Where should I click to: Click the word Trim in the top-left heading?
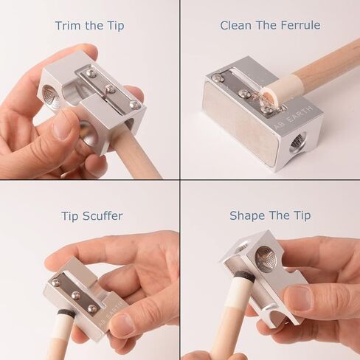coord(66,26)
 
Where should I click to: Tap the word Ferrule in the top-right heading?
coord(298,26)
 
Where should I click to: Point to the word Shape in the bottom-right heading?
coord(245,215)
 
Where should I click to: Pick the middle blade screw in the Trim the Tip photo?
coord(109,89)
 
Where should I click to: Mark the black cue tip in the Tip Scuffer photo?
coord(65,313)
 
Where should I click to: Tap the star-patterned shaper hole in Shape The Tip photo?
coord(266,259)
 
